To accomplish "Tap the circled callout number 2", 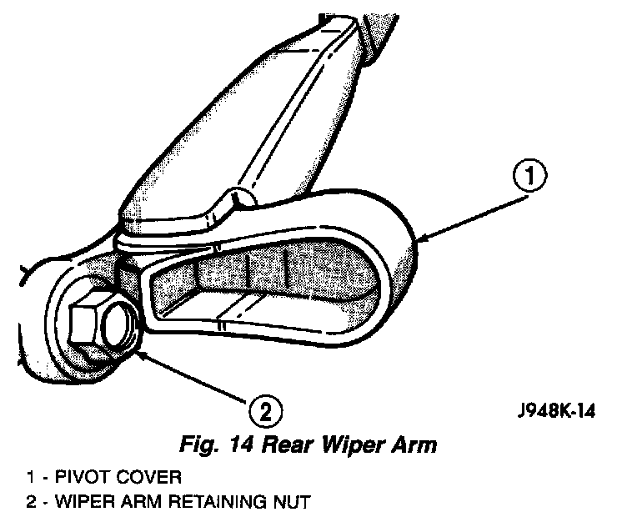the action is pyautogui.click(x=264, y=410).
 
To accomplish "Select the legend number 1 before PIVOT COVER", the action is pyautogui.click(x=31, y=478).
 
